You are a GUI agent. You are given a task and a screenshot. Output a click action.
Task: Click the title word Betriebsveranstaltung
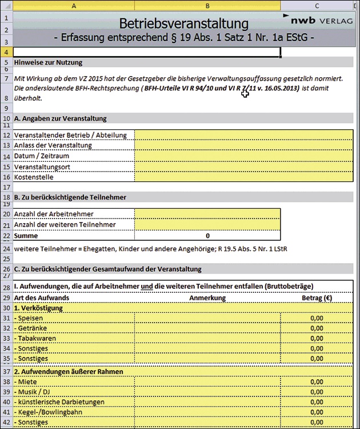click(x=184, y=24)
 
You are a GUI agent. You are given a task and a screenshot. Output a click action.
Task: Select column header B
click(x=207, y=5)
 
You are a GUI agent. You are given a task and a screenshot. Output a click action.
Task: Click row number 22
click(x=6, y=236)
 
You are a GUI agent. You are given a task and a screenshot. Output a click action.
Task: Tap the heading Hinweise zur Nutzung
click(x=49, y=62)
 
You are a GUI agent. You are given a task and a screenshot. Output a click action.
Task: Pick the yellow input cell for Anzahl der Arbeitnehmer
click(x=207, y=214)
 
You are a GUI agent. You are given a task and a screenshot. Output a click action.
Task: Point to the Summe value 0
click(x=207, y=236)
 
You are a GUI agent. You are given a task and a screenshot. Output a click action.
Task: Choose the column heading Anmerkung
click(x=207, y=297)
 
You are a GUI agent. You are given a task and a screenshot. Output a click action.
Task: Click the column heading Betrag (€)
click(x=317, y=297)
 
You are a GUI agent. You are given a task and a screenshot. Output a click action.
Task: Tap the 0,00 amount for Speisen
click(x=317, y=318)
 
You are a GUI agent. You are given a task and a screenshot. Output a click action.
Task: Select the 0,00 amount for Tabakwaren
click(x=317, y=339)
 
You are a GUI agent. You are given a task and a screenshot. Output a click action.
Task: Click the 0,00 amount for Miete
click(x=317, y=382)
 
